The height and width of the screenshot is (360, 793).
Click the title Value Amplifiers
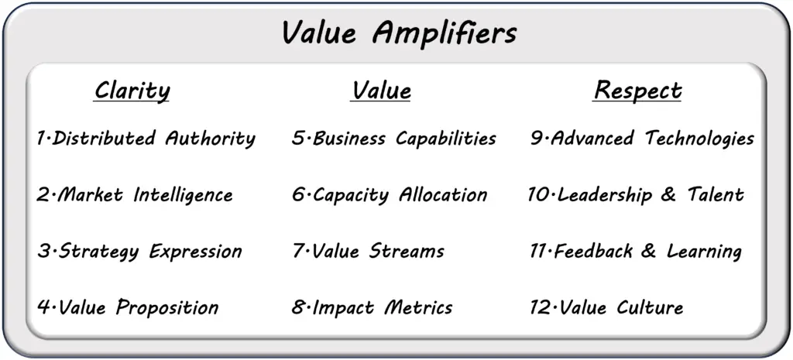(x=400, y=33)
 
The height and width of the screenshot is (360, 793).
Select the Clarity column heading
(x=132, y=91)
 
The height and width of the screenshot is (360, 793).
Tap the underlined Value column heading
(x=380, y=91)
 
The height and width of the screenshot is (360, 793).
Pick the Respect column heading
(x=637, y=91)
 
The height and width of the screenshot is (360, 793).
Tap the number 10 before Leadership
(x=540, y=195)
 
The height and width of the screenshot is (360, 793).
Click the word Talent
(x=715, y=194)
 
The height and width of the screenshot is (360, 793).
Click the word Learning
(x=704, y=252)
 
